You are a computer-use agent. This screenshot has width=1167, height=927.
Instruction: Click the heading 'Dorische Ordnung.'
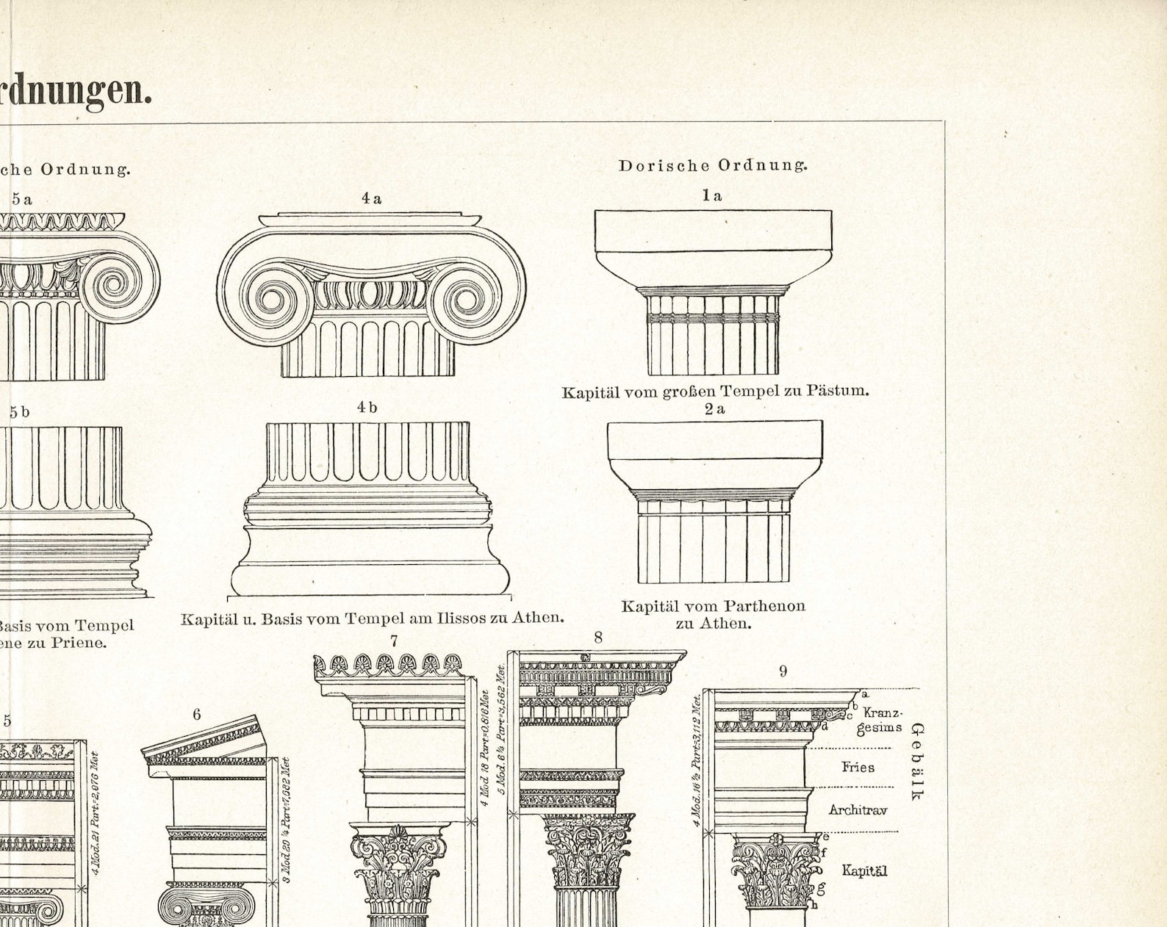click(712, 165)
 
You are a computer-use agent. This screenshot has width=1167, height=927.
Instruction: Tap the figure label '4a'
click(371, 198)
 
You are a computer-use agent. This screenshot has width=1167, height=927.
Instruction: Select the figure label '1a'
click(711, 195)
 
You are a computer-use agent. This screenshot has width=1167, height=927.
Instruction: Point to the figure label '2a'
click(714, 409)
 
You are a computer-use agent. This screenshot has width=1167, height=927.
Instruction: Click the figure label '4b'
click(367, 407)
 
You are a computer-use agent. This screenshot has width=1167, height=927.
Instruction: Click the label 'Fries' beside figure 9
click(858, 768)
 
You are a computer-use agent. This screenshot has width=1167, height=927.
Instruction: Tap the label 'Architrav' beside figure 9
click(858, 810)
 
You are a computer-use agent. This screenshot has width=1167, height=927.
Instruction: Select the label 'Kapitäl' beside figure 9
click(864, 871)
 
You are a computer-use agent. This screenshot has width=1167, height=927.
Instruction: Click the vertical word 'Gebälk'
click(916, 761)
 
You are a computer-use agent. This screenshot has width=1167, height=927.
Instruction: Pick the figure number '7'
click(394, 641)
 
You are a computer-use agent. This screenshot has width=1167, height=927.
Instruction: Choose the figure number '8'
click(598, 638)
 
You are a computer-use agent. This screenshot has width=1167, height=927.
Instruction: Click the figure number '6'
click(197, 715)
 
